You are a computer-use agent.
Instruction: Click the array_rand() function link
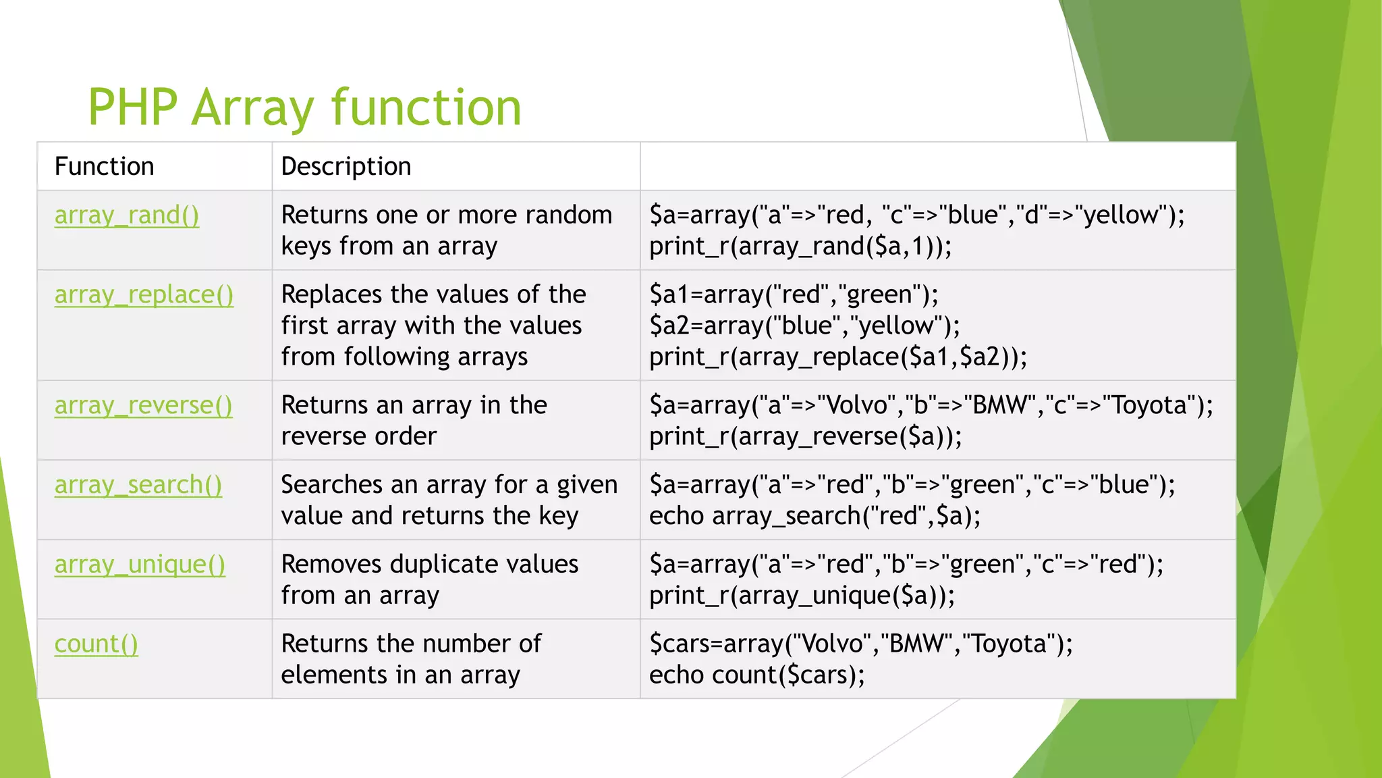pyautogui.click(x=127, y=215)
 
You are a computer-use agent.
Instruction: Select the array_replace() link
pyautogui.click(x=144, y=295)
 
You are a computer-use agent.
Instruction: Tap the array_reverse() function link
pyautogui.click(x=143, y=406)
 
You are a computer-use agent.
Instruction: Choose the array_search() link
pyautogui.click(x=138, y=486)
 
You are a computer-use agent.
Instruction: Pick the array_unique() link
pyautogui.click(x=140, y=565)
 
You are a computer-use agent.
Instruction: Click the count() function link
pyautogui.click(x=96, y=644)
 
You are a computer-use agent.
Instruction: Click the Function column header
pyautogui.click(x=104, y=167)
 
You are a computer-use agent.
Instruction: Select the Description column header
pyautogui.click(x=345, y=167)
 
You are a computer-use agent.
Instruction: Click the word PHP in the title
pyautogui.click(x=132, y=107)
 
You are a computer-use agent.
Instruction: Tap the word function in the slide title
pyautogui.click(x=426, y=107)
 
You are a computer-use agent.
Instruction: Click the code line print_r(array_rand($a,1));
pyautogui.click(x=800, y=247)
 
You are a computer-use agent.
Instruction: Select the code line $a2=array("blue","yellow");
pyautogui.click(x=804, y=326)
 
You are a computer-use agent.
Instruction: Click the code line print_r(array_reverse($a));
pyautogui.click(x=805, y=437)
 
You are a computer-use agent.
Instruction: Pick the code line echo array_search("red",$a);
pyautogui.click(x=814, y=517)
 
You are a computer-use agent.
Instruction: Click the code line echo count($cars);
pyautogui.click(x=756, y=675)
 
